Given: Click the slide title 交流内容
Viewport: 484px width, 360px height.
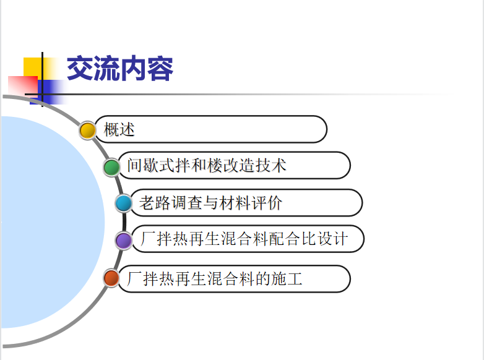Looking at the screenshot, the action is [x=120, y=69].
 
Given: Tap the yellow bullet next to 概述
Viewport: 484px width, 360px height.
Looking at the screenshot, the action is [x=87, y=130].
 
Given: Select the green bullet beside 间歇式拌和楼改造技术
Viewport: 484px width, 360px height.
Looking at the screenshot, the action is [x=111, y=168].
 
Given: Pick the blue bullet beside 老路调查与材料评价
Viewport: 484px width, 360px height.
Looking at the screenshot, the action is [x=123, y=204].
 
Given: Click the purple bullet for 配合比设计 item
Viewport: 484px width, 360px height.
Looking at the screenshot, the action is [x=124, y=240].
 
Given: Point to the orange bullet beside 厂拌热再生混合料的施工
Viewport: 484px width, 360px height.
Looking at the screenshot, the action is [x=111, y=278].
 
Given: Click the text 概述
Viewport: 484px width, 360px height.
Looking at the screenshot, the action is [x=119, y=129].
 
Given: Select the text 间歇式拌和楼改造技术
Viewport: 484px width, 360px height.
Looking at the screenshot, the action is [x=207, y=165].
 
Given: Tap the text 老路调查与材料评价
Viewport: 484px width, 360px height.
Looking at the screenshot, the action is [x=210, y=203].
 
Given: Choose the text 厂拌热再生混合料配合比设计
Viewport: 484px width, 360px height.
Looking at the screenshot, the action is [x=244, y=239].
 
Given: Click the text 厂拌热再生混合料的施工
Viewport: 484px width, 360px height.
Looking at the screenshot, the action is [x=214, y=278].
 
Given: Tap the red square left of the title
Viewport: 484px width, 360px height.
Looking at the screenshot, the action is [x=22, y=85].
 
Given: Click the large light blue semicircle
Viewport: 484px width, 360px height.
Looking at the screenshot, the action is [x=53, y=222].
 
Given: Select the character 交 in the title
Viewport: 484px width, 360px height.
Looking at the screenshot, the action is [x=80, y=69].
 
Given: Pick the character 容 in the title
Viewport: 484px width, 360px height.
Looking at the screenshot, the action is [x=160, y=69].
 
